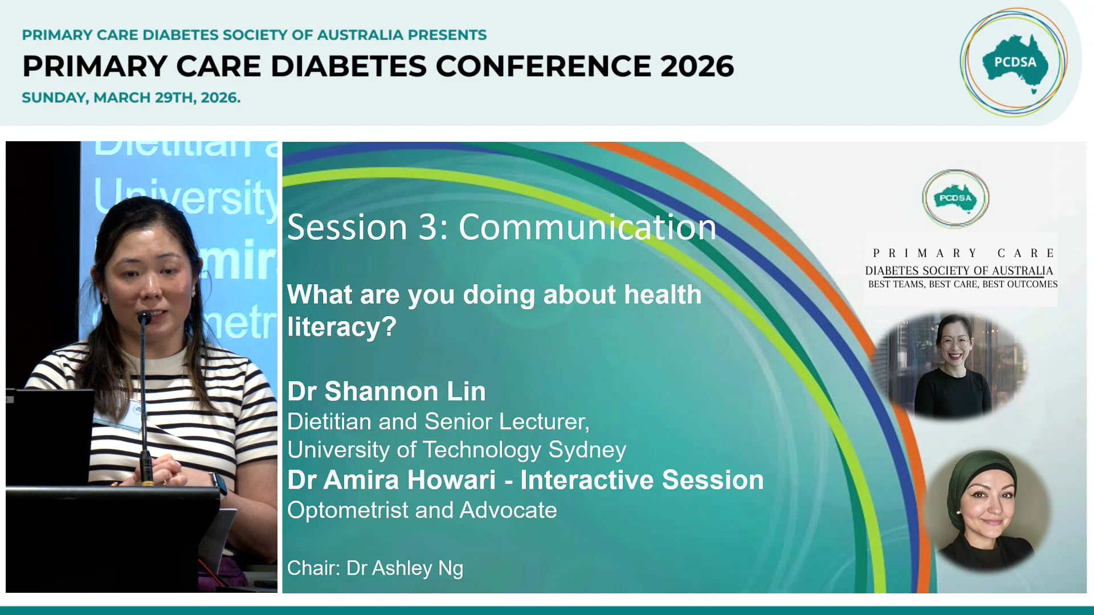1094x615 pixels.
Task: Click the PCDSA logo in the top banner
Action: click(x=1014, y=63)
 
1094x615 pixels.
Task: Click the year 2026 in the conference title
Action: click(x=697, y=67)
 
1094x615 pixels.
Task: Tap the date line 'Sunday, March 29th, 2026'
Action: click(x=131, y=98)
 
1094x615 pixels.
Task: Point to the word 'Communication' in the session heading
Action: click(x=587, y=227)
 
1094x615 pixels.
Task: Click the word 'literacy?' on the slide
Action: click(x=341, y=327)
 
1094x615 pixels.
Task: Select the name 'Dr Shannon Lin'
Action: click(x=386, y=392)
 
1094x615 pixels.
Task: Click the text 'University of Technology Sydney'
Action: click(x=456, y=450)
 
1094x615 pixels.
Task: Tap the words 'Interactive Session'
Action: click(x=642, y=480)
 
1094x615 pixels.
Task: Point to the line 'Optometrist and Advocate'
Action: click(x=422, y=510)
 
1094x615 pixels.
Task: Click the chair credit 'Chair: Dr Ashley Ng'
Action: click(x=375, y=568)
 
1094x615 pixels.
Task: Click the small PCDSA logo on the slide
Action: click(x=956, y=199)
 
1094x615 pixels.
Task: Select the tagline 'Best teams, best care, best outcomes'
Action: click(x=962, y=284)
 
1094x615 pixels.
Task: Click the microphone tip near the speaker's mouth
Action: click(x=144, y=317)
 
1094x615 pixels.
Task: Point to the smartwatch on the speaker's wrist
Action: click(x=219, y=483)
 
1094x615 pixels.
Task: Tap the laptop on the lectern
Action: click(x=48, y=433)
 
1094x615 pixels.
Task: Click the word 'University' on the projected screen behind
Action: click(x=185, y=196)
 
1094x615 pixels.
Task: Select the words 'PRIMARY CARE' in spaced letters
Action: click(x=963, y=253)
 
